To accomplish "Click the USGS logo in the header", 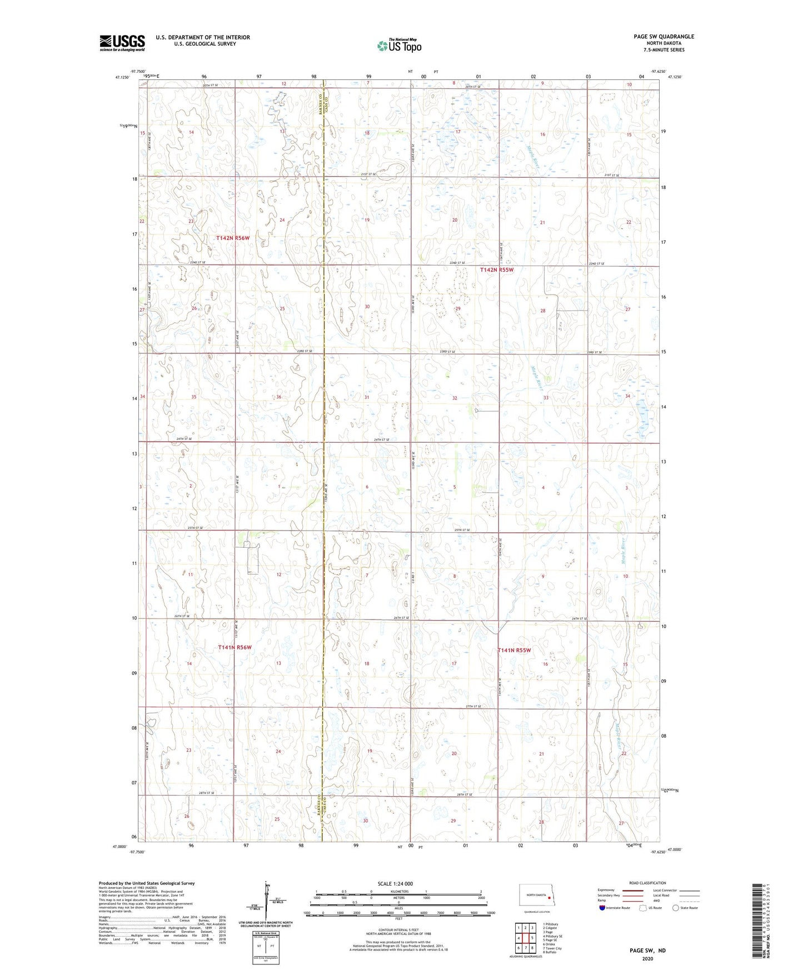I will pyautogui.click(x=122, y=43).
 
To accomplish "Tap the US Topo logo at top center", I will pyautogui.click(x=399, y=46).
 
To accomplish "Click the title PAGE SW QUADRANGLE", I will pyautogui.click(x=664, y=37).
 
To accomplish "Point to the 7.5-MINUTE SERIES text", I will pyautogui.click(x=664, y=50).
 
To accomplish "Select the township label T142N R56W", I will pyautogui.click(x=233, y=238).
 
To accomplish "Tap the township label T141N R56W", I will pyautogui.click(x=235, y=647).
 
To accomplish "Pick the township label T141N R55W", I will pyautogui.click(x=514, y=650).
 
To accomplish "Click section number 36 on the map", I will pyautogui.click(x=279, y=397).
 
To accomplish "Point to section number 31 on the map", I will pyautogui.click(x=367, y=397).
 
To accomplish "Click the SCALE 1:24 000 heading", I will pyautogui.click(x=395, y=883).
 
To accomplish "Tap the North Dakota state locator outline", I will pyautogui.click(x=536, y=896).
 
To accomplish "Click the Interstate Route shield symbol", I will pyautogui.click(x=602, y=908).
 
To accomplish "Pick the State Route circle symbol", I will pyautogui.click(x=676, y=908).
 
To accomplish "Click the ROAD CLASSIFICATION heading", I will pyautogui.click(x=647, y=883).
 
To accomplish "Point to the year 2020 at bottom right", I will pyautogui.click(x=647, y=958).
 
